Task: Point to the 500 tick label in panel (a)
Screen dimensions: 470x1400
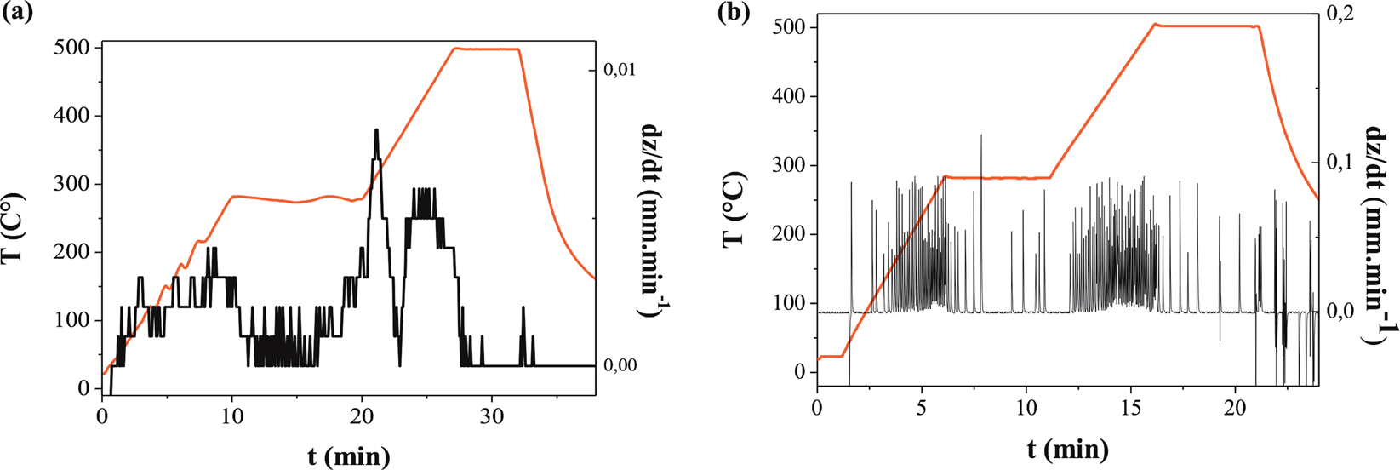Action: pyautogui.click(x=72, y=48)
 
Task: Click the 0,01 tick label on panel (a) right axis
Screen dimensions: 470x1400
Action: pyautogui.click(x=620, y=70)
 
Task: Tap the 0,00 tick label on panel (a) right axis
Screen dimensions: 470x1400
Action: pyautogui.click(x=620, y=365)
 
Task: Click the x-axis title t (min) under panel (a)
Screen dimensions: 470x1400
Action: pyautogui.click(x=348, y=456)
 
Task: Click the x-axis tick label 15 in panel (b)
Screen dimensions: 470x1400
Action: pyautogui.click(x=1130, y=408)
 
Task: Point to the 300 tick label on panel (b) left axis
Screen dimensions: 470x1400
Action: pyautogui.click(x=787, y=165)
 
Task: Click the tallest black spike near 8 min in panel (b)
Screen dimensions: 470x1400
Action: pyautogui.click(x=981, y=136)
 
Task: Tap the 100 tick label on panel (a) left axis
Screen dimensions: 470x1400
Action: pyautogui.click(x=72, y=320)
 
